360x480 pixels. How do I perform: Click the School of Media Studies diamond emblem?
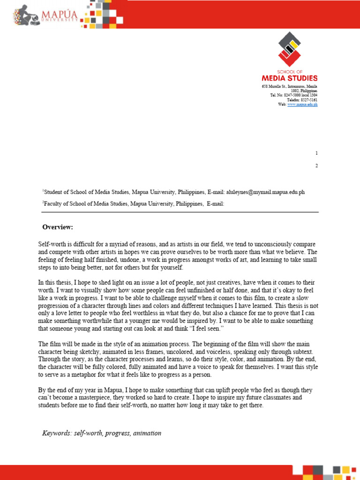tap(289, 50)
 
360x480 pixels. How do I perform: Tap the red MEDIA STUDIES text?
tap(289, 78)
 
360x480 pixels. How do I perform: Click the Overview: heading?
tap(58, 227)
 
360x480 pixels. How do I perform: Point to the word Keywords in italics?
tap(56, 433)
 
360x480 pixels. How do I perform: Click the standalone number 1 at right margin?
tap(317, 153)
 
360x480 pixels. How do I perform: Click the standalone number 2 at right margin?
tap(317, 166)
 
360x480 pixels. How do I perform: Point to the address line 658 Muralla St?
tap(289, 87)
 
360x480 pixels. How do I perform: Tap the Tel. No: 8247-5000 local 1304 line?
tap(293, 95)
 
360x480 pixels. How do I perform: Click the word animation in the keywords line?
tap(147, 433)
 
